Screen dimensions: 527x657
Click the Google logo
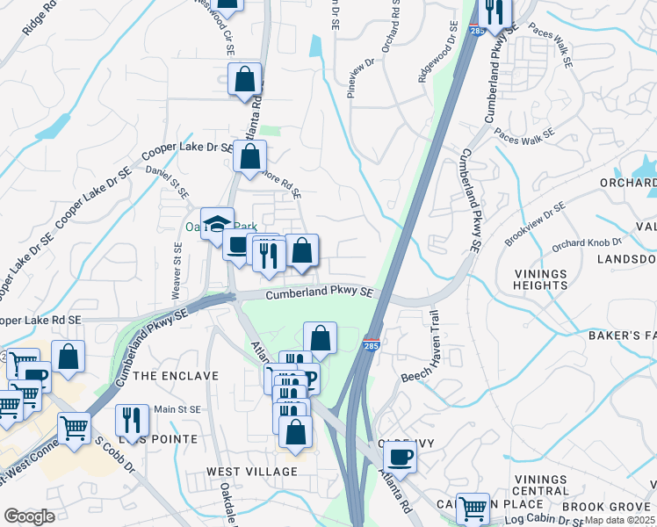[28, 516]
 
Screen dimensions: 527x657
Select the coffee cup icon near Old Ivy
[400, 457]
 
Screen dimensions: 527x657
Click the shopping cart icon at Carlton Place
[473, 507]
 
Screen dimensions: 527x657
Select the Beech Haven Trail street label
[432, 346]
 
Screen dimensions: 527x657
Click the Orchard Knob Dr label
[587, 242]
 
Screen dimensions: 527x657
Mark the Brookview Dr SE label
[536, 224]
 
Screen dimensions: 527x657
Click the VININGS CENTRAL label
[540, 484]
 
